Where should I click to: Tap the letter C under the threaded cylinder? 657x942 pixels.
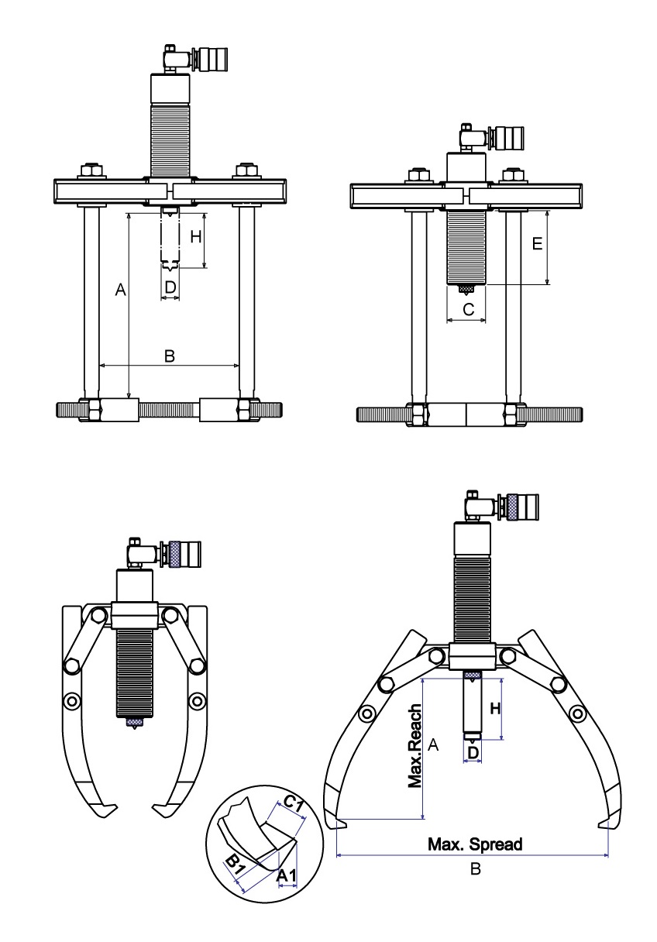467,310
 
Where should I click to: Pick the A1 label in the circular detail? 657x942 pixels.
286,875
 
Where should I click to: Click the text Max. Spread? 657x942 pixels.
476,844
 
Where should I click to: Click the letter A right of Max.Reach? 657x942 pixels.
434,745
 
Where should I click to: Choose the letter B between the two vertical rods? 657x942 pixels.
170,356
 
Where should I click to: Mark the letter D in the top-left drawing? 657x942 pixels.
170,287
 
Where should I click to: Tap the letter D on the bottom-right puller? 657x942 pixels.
473,752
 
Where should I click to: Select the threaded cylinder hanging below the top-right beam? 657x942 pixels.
466,246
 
